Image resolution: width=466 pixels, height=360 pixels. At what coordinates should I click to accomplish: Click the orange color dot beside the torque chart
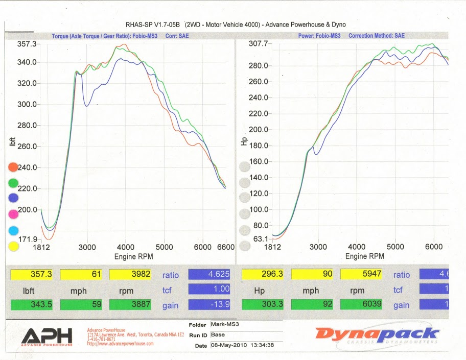(x=13, y=167)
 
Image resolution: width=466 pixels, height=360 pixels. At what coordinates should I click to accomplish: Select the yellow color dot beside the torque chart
(x=13, y=246)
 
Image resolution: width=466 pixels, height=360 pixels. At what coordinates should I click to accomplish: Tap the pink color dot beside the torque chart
(x=13, y=214)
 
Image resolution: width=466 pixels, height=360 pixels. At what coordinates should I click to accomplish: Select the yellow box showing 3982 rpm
(x=130, y=275)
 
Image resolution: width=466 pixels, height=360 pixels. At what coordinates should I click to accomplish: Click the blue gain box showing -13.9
(x=208, y=305)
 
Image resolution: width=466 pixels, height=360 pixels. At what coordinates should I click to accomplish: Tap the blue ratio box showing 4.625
(x=208, y=275)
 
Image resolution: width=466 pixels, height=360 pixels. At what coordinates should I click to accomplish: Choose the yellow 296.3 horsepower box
(x=261, y=275)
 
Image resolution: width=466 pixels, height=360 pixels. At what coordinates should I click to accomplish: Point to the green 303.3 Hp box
(x=261, y=305)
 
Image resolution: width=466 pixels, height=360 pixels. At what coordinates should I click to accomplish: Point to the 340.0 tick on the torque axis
(x=27, y=62)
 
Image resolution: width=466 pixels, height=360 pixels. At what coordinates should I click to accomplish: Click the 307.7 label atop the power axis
(x=258, y=44)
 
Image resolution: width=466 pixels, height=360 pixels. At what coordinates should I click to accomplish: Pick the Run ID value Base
(x=218, y=335)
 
